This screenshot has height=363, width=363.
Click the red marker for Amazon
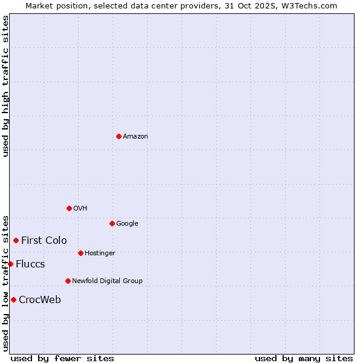click(x=119, y=136)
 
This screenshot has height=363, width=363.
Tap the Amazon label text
click(x=136, y=137)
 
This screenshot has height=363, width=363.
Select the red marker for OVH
click(x=69, y=208)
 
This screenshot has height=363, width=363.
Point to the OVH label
click(x=80, y=209)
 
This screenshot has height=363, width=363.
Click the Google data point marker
click(x=112, y=223)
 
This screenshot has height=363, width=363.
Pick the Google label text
click(x=127, y=224)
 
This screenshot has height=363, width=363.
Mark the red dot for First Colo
click(x=16, y=240)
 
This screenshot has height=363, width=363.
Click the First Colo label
click(x=44, y=241)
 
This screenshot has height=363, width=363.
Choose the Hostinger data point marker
click(x=80, y=253)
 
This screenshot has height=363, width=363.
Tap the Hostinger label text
click(x=100, y=253)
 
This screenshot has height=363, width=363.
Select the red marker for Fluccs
click(x=10, y=264)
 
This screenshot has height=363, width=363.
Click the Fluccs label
click(x=30, y=264)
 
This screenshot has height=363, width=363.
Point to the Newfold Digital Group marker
click(x=68, y=281)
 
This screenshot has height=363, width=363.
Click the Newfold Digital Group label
click(x=107, y=281)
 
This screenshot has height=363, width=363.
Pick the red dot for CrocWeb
click(x=13, y=299)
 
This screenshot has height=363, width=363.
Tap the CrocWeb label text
click(x=40, y=300)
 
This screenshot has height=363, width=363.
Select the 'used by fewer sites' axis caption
click(x=62, y=358)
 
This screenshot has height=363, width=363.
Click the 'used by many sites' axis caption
click(x=304, y=358)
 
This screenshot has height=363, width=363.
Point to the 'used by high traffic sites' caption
click(x=5, y=86)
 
